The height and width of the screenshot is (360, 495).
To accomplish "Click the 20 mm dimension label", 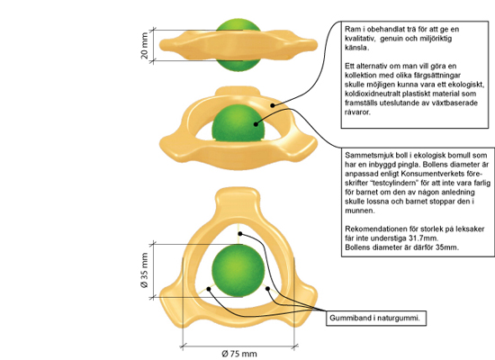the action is click(144, 46).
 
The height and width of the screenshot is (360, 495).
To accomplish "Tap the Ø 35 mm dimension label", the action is click(144, 270).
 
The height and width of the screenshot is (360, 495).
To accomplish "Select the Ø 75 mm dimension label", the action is click(239, 354).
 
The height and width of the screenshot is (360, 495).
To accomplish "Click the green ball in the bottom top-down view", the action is click(238, 271).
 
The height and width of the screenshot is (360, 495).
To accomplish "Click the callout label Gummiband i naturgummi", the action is click(374, 318).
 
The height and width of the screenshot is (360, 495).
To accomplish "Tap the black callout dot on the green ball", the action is click(256, 124).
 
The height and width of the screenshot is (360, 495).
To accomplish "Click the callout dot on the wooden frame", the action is click(272, 105).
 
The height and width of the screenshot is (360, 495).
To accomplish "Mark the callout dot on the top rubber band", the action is click(240, 234).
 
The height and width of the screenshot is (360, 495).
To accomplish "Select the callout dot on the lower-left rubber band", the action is click(209, 289).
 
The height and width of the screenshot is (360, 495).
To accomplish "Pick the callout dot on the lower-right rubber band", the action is click(267, 289).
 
